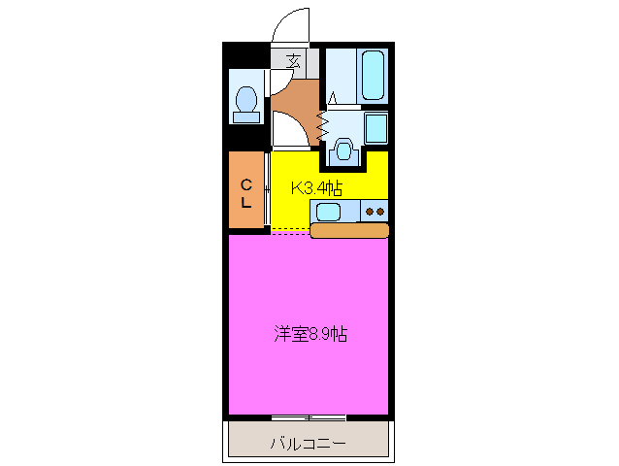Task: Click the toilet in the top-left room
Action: point(246,99)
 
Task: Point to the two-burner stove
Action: point(375,211)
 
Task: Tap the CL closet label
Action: point(246,193)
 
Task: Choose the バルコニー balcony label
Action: point(308,444)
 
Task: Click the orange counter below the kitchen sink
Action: point(349,230)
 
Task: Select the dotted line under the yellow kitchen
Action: point(289,231)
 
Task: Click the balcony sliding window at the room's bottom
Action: point(309,418)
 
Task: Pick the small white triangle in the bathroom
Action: point(333,98)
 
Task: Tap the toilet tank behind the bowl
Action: point(246,116)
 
